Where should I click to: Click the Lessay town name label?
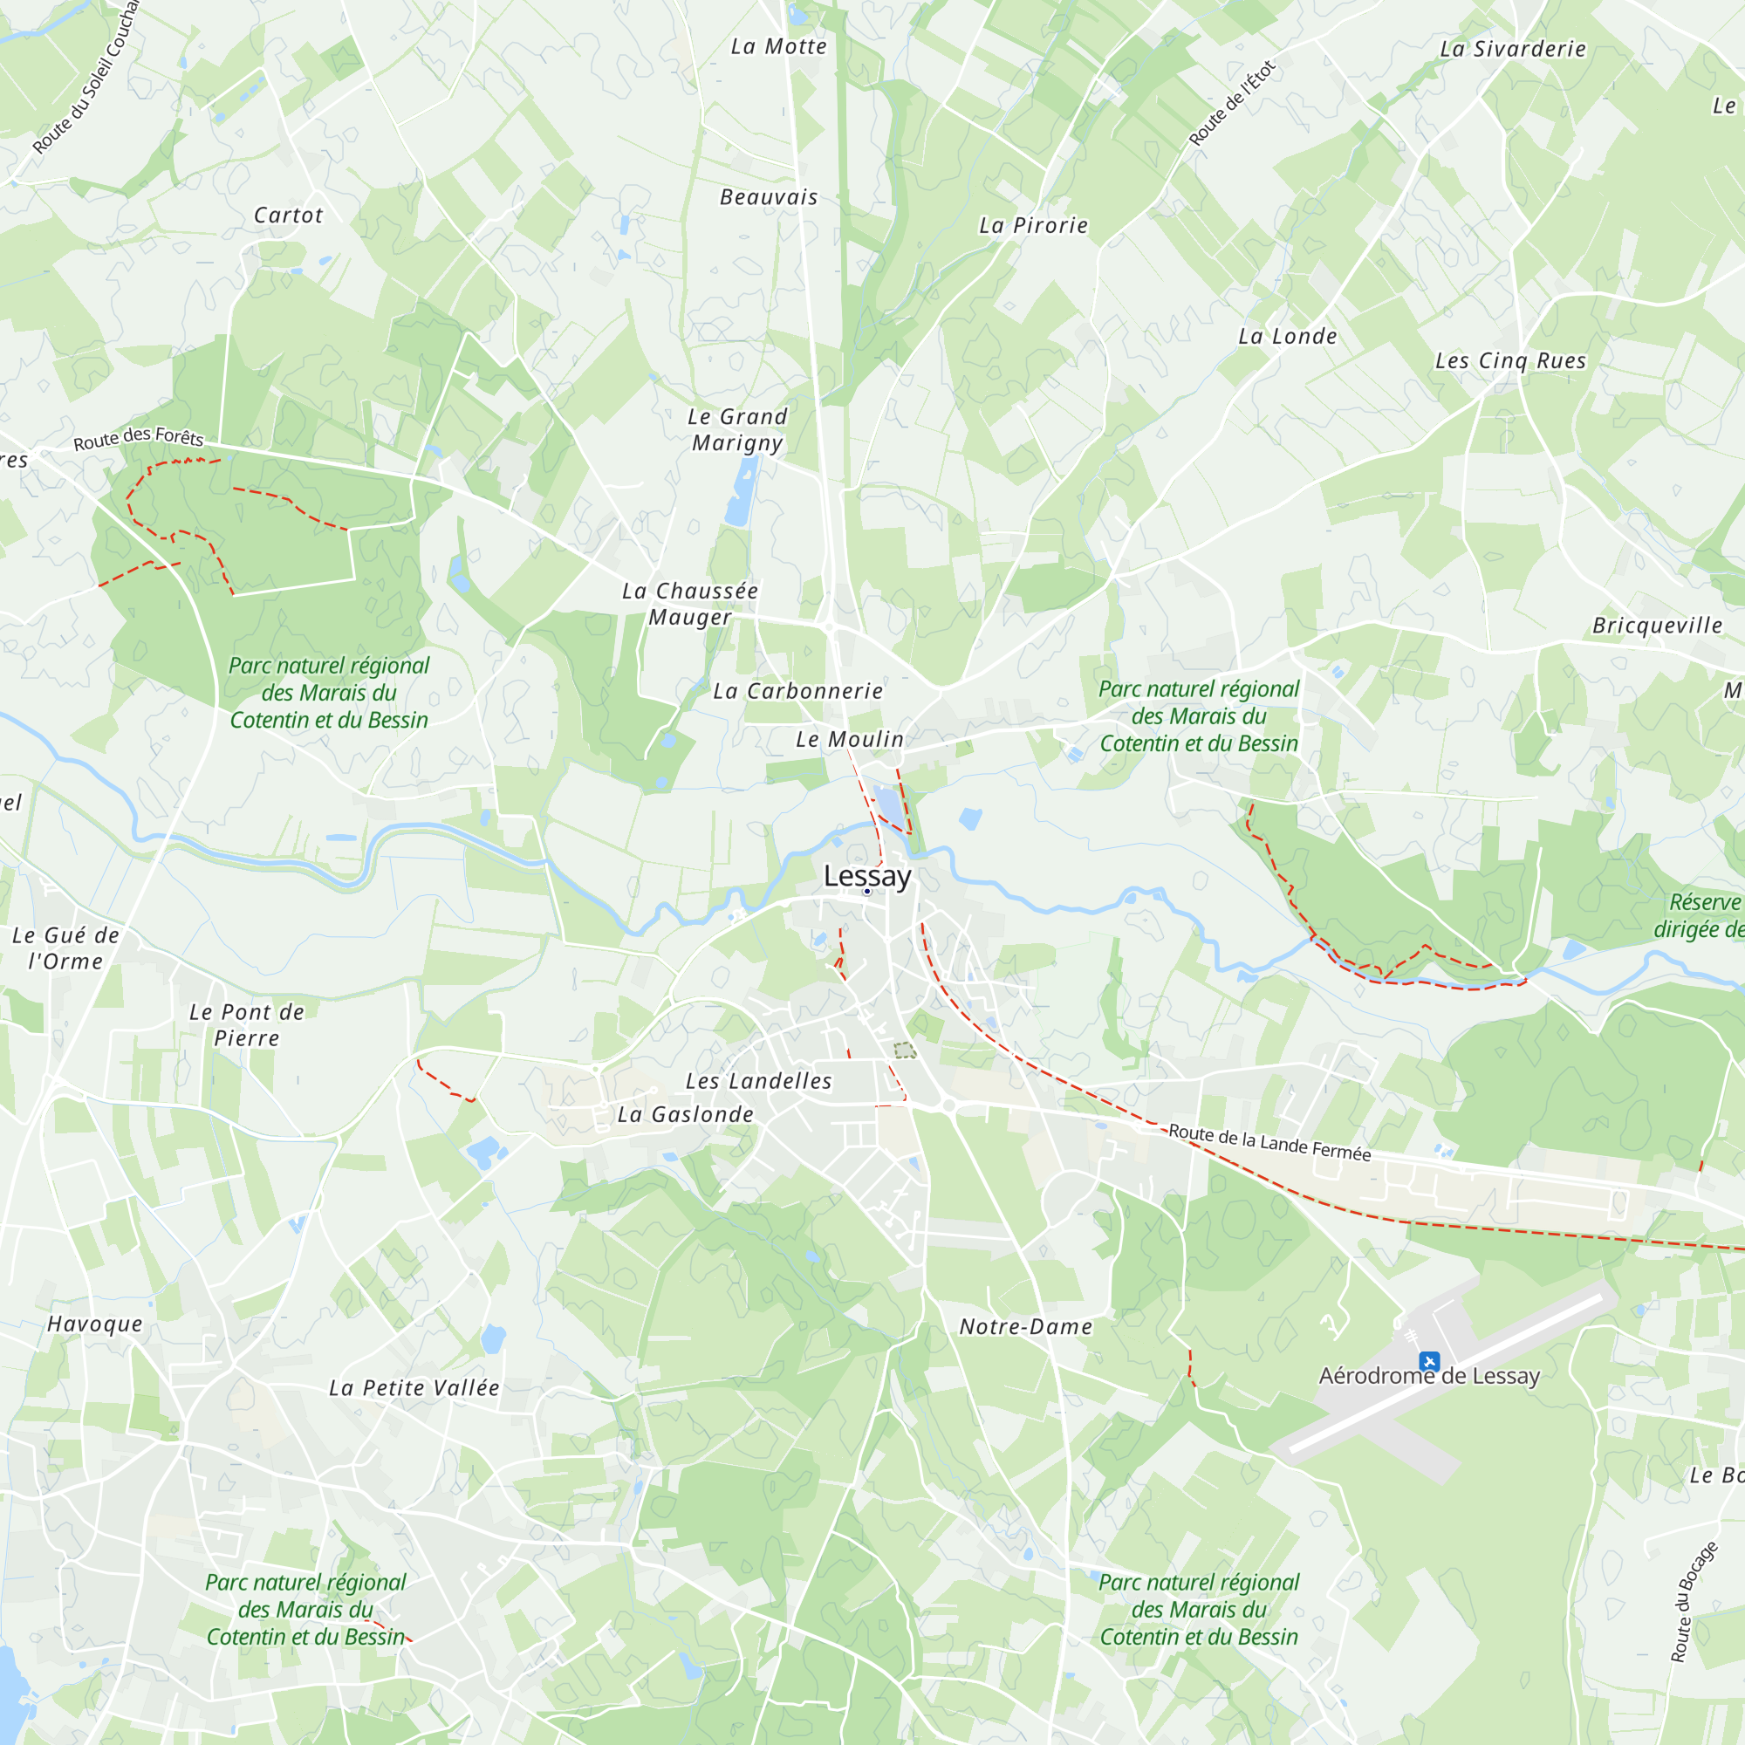click(867, 875)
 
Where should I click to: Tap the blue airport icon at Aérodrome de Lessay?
click(1429, 1360)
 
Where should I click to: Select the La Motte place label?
click(778, 46)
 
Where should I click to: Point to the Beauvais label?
click(769, 197)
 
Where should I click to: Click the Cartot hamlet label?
click(288, 215)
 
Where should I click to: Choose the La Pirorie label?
click(1033, 225)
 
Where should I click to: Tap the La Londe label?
click(1287, 336)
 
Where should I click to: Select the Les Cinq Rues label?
click(1510, 360)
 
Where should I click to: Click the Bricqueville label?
click(1658, 625)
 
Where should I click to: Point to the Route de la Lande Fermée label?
click(1269, 1143)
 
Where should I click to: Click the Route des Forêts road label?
click(138, 438)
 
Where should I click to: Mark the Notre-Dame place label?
click(1025, 1326)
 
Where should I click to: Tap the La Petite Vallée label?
click(414, 1387)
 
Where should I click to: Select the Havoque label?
click(95, 1324)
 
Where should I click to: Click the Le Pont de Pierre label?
click(247, 1024)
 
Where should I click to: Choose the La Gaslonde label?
click(685, 1113)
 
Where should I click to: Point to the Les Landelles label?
click(759, 1080)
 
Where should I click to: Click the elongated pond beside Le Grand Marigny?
click(741, 492)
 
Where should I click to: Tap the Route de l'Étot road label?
click(1231, 103)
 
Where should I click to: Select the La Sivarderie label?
click(1513, 49)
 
